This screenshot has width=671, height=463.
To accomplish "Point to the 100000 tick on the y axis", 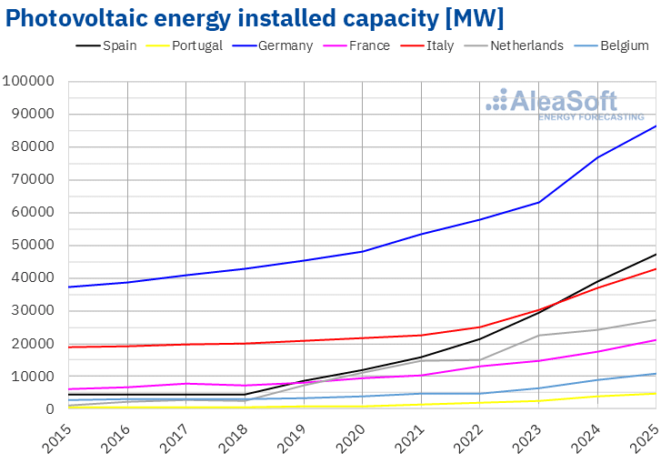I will pos(30,82).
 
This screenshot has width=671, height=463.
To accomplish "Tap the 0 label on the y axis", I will pos(52,409).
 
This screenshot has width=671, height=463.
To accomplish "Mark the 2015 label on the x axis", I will pos(56,436).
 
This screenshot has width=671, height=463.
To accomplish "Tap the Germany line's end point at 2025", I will pos(656,126).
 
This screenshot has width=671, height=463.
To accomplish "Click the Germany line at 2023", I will pos(538,202).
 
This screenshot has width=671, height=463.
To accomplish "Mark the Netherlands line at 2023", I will pos(538,336).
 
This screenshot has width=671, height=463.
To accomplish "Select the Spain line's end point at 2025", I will pos(656,254).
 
